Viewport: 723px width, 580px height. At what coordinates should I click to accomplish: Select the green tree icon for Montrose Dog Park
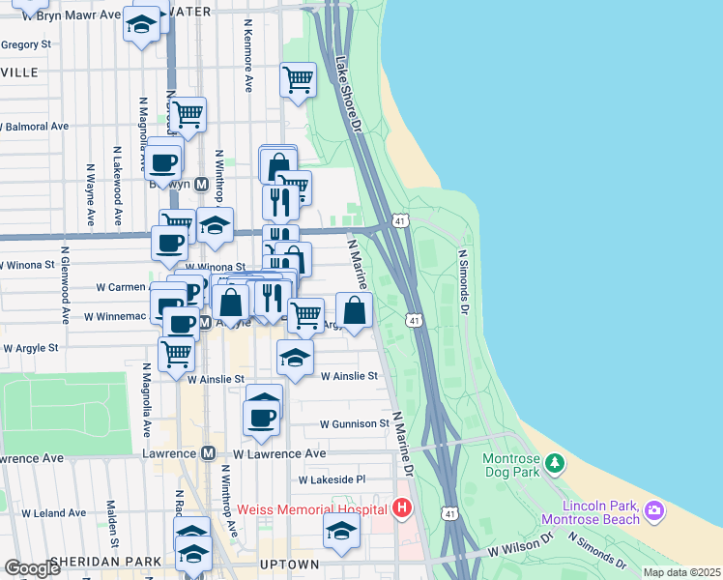click(555, 465)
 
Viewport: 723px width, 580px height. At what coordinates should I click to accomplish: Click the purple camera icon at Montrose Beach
click(654, 509)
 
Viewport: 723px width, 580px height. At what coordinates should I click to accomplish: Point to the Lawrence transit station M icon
click(208, 453)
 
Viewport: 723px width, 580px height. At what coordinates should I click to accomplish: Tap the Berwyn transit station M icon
click(202, 185)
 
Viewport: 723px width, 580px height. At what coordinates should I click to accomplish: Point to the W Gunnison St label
click(353, 424)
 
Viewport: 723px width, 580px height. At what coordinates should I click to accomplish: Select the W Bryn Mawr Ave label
click(60, 16)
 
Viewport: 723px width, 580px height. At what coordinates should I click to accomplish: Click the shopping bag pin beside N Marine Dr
click(355, 310)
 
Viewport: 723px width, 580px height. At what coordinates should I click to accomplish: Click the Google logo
click(32, 568)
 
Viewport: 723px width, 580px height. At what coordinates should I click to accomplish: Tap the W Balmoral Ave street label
click(36, 127)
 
